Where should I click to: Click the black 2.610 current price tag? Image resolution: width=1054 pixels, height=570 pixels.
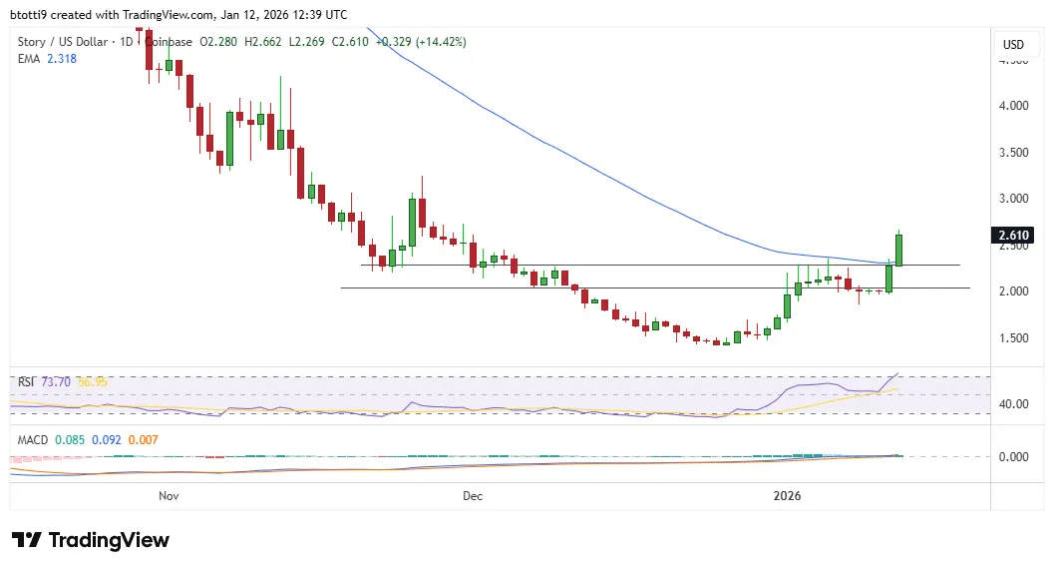click(1013, 236)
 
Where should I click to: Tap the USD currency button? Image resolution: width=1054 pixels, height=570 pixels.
click(1013, 44)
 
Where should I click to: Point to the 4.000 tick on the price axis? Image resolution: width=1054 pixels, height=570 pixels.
click(1013, 106)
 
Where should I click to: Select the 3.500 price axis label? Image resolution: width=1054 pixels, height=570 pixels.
click(1013, 153)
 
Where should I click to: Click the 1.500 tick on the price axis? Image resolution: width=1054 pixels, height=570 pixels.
click(1013, 338)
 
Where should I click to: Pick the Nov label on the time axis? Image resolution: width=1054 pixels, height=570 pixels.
click(169, 495)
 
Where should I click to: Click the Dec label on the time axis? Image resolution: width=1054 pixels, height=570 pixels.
click(473, 495)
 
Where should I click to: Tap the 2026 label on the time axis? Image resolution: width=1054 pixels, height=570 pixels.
click(788, 495)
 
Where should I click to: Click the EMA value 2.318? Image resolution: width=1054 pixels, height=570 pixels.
click(60, 59)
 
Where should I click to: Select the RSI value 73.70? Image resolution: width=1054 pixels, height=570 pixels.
click(56, 382)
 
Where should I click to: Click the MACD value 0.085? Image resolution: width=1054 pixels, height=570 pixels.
click(71, 439)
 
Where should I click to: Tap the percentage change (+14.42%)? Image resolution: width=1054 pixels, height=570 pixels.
click(437, 42)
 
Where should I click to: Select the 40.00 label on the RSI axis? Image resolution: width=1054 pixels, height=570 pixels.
click(1013, 404)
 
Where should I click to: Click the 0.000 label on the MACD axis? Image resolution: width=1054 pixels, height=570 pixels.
click(1013, 457)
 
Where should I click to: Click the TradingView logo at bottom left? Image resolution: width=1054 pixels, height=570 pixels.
click(91, 540)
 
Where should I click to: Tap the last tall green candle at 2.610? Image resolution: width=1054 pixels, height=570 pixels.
click(898, 250)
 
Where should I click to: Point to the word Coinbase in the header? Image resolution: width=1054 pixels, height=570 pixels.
click(171, 42)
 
